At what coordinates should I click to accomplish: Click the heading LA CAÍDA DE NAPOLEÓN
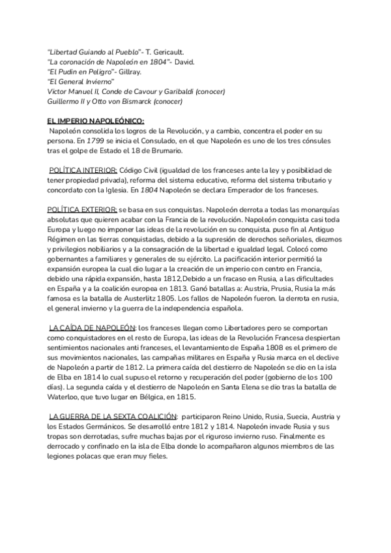[92, 327]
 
